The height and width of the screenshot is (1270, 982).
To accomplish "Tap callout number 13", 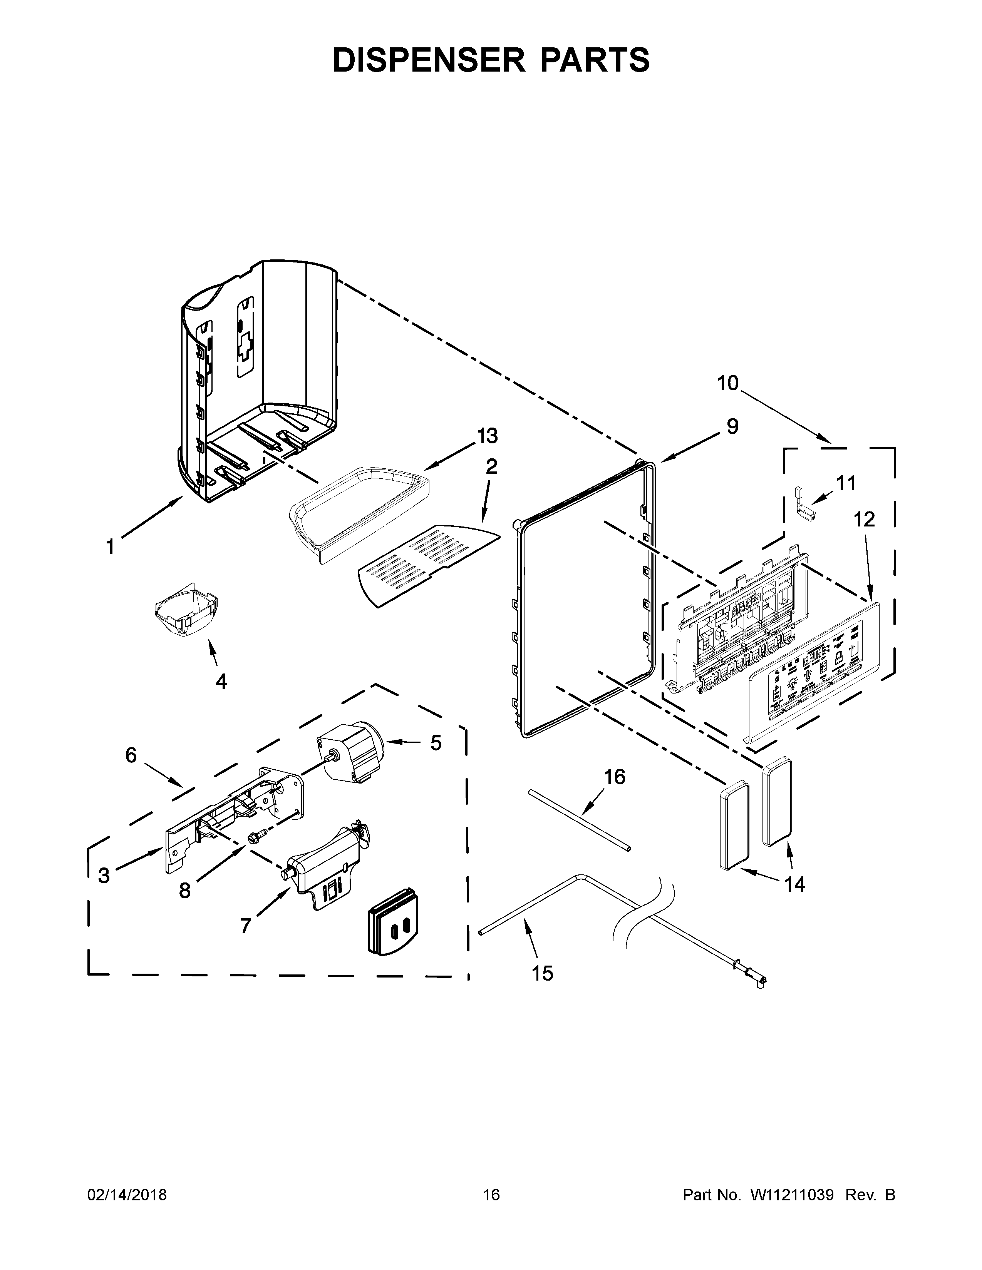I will [488, 436].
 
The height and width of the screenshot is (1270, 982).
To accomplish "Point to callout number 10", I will [727, 383].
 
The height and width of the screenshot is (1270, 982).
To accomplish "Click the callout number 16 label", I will [614, 777].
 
